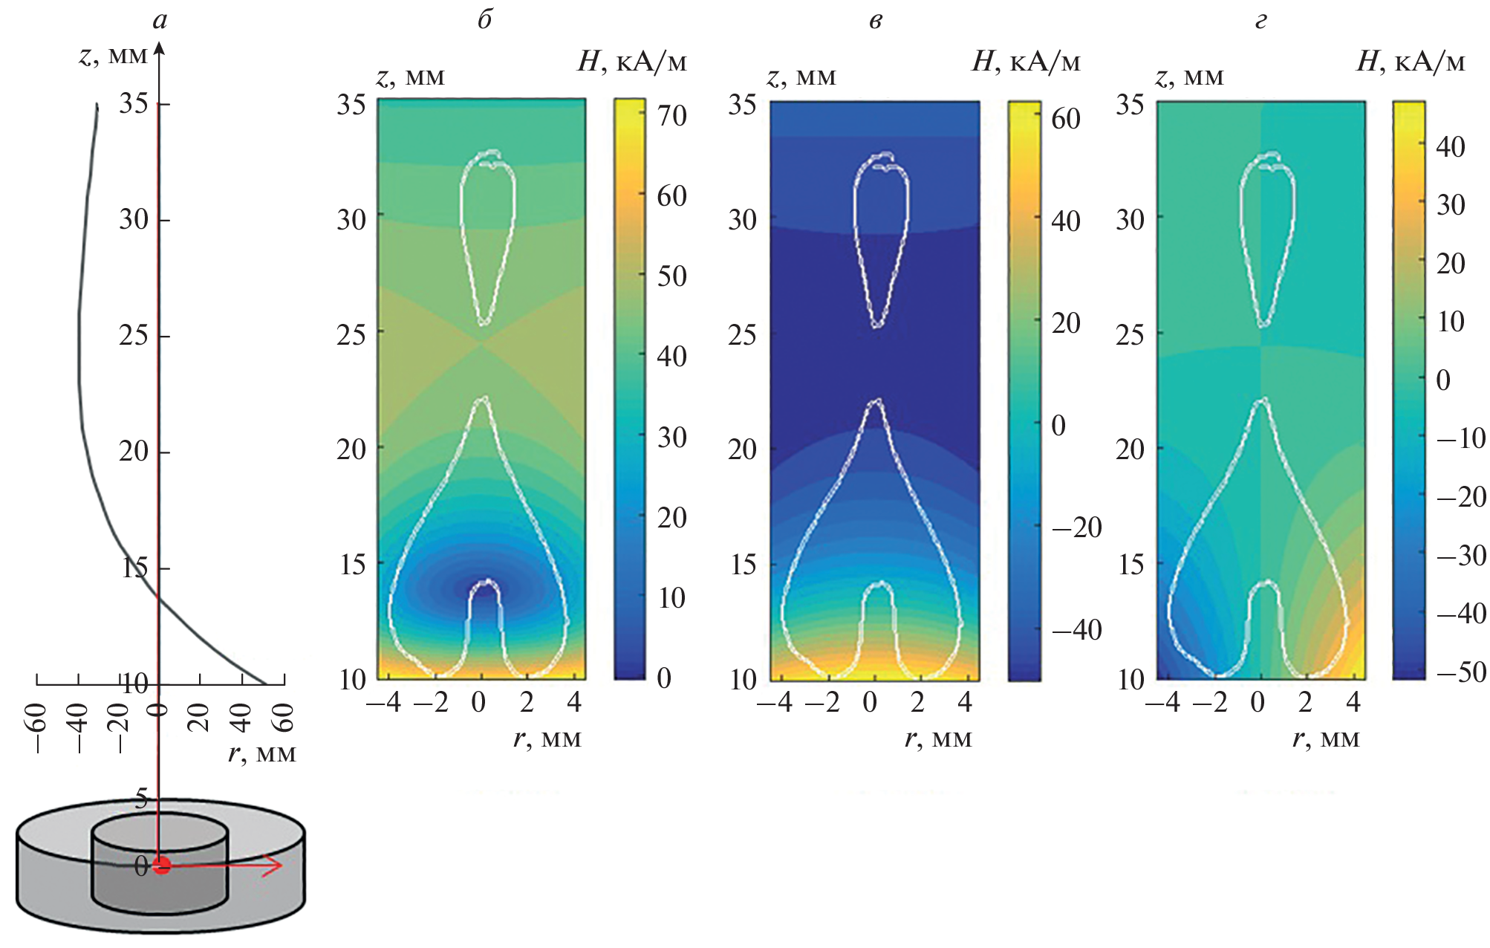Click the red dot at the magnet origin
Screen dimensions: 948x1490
pyautogui.click(x=161, y=865)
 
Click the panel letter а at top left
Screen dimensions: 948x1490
pyautogui.click(x=160, y=21)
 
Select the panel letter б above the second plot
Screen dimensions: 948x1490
pyautogui.click(x=484, y=19)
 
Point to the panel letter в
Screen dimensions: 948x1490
pyautogui.click(x=876, y=21)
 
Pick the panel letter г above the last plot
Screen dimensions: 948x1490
pyautogui.click(x=1260, y=21)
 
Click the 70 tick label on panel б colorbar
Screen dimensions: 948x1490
pyautogui.click(x=671, y=116)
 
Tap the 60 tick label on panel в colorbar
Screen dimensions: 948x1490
pyautogui.click(x=1065, y=119)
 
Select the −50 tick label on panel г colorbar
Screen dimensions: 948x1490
pyautogui.click(x=1461, y=672)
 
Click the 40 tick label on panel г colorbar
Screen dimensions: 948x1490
pyautogui.click(x=1450, y=147)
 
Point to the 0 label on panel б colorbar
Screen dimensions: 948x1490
pyautogui.click(x=664, y=678)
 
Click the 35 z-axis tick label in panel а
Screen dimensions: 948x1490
pyautogui.click(x=134, y=103)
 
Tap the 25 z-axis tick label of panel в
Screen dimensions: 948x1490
pyautogui.click(x=742, y=335)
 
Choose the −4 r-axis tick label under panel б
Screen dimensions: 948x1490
pyautogui.click(x=384, y=702)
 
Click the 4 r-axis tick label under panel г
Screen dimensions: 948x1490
pyautogui.click(x=1353, y=702)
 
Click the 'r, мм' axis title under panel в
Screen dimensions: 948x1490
pyautogui.click(x=938, y=738)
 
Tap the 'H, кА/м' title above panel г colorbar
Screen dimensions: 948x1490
pyautogui.click(x=1410, y=62)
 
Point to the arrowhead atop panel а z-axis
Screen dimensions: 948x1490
pyautogui.click(x=159, y=49)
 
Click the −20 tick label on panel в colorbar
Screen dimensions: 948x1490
pyautogui.click(x=1076, y=527)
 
